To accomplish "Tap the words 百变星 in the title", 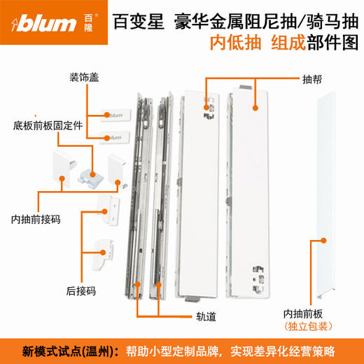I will pyautogui.click(x=135, y=15).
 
